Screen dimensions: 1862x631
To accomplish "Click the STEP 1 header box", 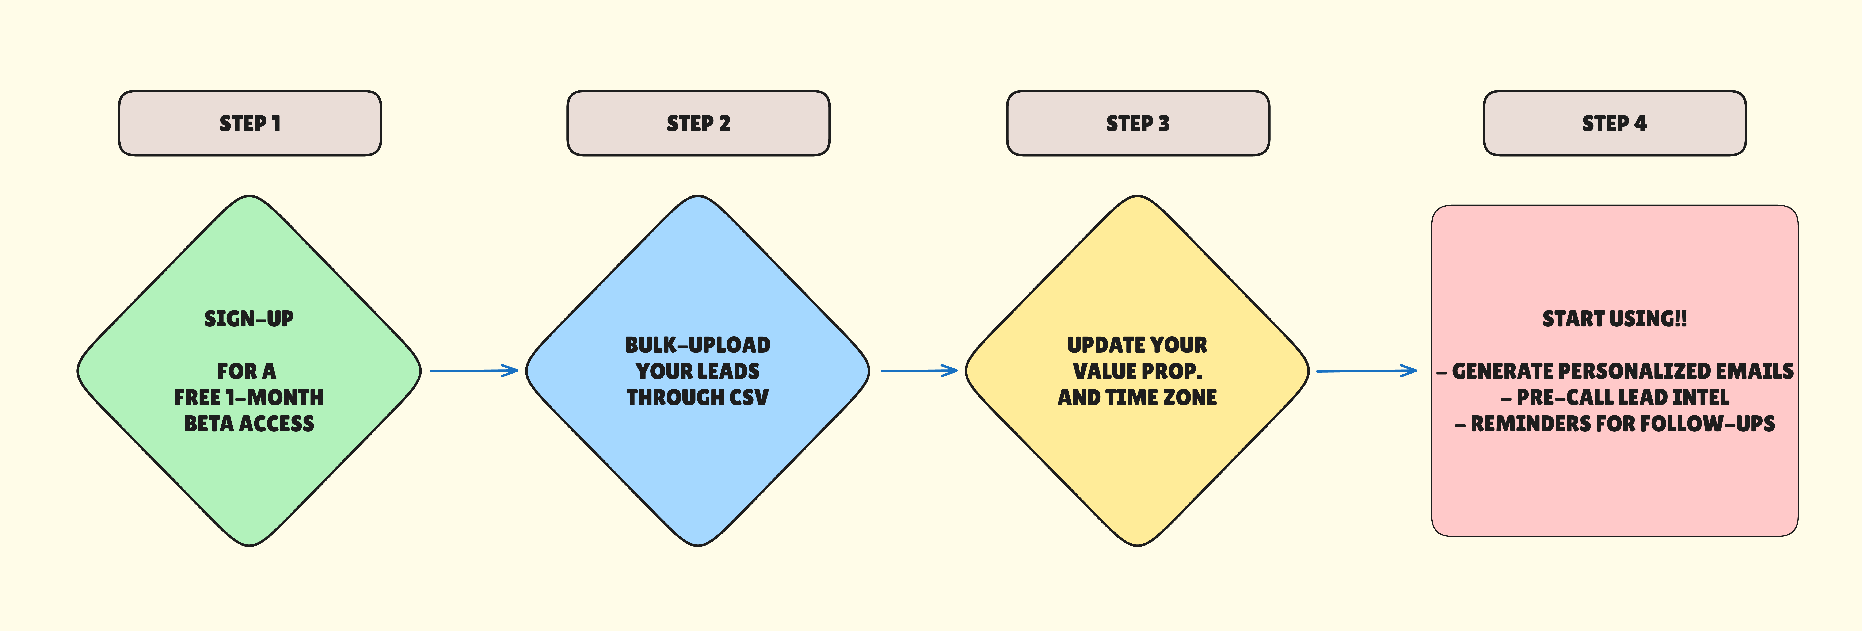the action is coord(249,123).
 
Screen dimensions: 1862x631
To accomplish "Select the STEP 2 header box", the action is coord(698,123).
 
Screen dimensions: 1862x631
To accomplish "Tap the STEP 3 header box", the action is coord(1138,123).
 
